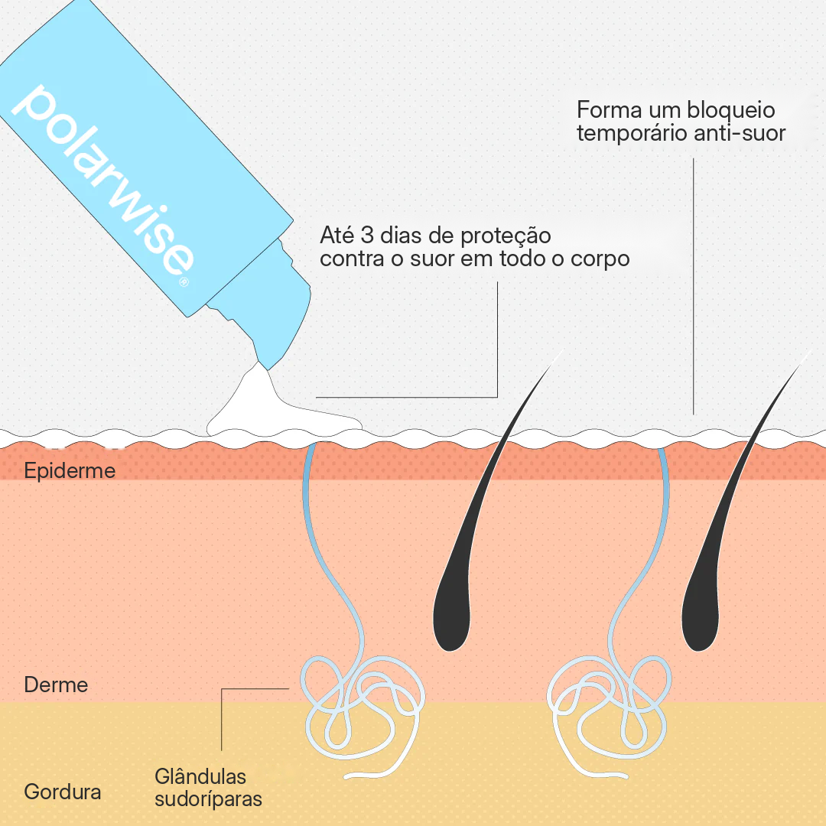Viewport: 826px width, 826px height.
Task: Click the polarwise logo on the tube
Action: point(102,179)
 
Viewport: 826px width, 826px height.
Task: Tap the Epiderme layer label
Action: point(70,471)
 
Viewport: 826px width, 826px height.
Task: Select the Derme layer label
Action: point(56,685)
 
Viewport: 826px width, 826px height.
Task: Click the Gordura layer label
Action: point(63,792)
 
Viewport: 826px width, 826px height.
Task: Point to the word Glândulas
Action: point(200,776)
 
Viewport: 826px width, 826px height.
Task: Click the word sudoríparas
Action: point(208,799)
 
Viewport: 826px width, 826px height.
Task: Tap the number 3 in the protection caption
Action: point(367,236)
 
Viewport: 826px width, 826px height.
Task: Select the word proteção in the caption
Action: point(506,236)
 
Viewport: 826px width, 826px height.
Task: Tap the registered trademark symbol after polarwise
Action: point(184,281)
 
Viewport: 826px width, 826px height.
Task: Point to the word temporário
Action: point(632,133)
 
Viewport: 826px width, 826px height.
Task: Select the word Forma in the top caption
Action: point(609,110)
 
